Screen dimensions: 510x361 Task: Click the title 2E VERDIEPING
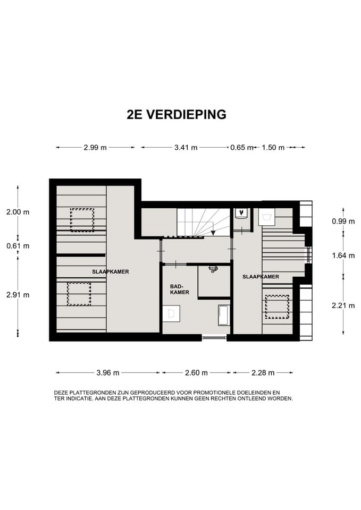coord(177,115)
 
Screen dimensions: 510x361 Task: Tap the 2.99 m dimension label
coord(95,148)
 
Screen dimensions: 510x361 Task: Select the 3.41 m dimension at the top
coord(186,148)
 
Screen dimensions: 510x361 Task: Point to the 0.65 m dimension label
coord(241,148)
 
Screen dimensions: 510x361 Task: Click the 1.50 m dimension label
coord(273,148)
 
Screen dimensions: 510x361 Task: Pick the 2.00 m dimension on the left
coord(18,212)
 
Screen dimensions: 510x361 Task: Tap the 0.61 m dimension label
coord(18,246)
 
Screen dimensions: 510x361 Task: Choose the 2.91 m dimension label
coord(18,295)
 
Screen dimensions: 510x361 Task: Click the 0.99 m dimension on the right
coord(342,222)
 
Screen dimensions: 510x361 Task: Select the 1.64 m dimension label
coord(342,256)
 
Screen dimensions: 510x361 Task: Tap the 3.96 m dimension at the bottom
coord(108,373)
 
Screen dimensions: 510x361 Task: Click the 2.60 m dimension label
coord(196,373)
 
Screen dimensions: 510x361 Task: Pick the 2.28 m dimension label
coord(263,373)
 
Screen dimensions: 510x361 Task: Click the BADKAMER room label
coord(180,289)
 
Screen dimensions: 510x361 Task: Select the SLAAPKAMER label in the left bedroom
coord(111,271)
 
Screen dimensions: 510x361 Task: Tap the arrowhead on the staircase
coord(213,232)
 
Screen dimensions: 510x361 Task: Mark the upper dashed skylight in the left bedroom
coord(82,219)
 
